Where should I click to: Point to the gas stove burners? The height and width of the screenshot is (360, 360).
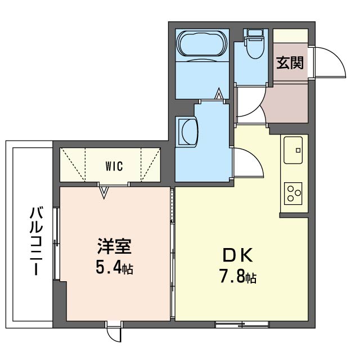pos(294,193)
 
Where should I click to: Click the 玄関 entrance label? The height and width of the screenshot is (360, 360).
pos(290,62)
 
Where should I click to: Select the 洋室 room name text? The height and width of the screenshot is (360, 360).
pos(114,247)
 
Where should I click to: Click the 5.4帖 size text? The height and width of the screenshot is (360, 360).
pos(114,267)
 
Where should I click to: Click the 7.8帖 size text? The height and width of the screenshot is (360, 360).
pos(238,277)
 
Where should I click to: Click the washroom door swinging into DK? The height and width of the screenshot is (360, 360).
pos(247,163)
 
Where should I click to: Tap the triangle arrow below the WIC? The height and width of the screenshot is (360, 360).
pos(103,192)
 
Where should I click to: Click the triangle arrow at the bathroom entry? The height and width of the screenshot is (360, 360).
pos(219,94)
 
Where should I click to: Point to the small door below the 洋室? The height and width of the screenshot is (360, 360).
pos(115,332)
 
